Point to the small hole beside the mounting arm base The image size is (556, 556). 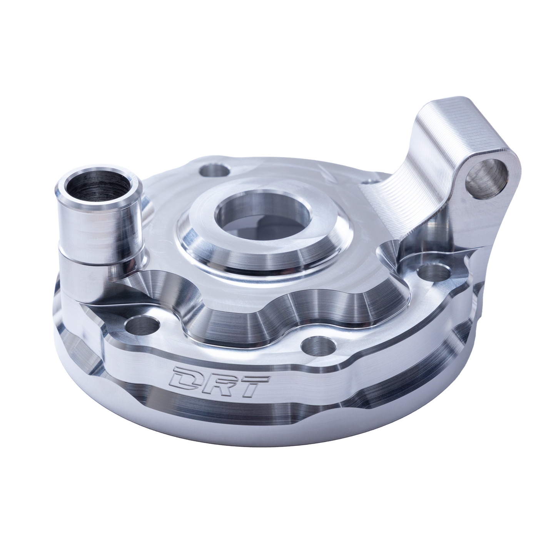point(370,181)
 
